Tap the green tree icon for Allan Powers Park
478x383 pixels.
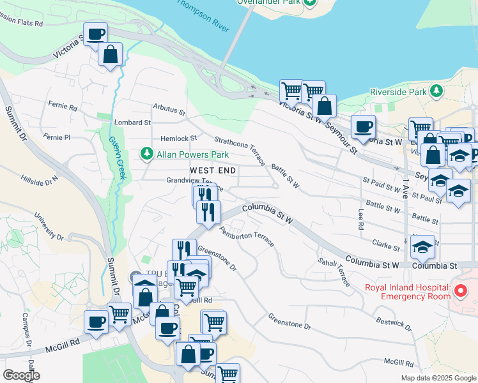(147, 154)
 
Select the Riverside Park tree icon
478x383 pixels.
(436, 91)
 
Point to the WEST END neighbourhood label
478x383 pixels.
(213, 170)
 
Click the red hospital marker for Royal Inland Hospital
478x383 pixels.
(461, 291)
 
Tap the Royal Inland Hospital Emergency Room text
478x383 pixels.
(407, 291)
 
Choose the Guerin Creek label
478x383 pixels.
(116, 156)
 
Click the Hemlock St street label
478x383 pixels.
(178, 139)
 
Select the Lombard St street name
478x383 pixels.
(132, 122)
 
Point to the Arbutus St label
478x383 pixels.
(169, 110)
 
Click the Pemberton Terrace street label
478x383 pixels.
(247, 236)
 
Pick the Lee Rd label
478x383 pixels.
(361, 220)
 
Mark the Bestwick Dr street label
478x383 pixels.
(393, 324)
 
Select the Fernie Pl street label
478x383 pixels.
(58, 137)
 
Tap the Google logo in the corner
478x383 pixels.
(20, 375)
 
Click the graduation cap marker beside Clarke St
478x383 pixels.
(422, 246)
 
